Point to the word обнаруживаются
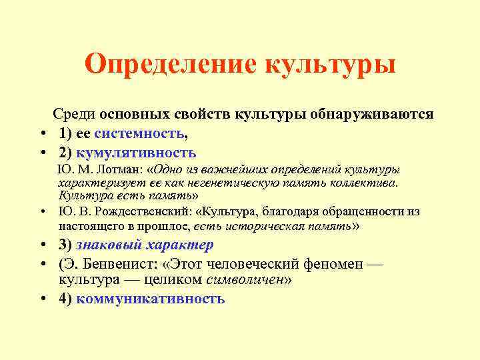(378, 114)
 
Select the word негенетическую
(215, 183)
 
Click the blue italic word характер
(180, 245)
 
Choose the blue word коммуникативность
(151, 299)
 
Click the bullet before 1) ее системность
(42, 133)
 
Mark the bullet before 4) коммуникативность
(42, 299)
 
